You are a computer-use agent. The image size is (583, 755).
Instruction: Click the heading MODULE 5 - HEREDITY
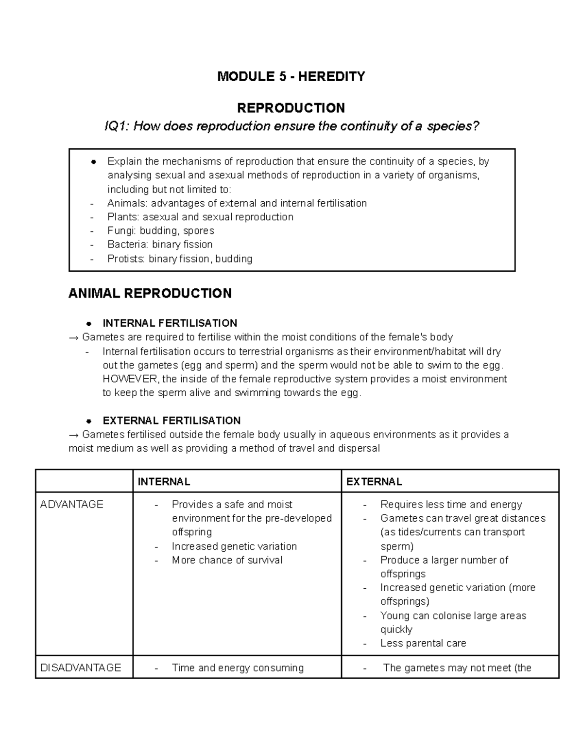point(291,76)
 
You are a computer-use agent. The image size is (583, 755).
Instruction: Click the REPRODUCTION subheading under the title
point(291,107)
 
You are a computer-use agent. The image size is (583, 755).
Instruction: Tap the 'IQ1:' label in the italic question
point(117,126)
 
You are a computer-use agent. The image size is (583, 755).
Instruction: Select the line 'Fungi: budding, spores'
point(160,230)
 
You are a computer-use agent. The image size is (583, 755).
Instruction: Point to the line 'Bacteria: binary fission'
point(160,245)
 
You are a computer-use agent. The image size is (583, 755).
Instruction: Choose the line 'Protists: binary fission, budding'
point(179,259)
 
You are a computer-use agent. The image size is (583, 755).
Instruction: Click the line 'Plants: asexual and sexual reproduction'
point(200,217)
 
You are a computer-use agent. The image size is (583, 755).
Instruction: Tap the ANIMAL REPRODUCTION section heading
point(150,294)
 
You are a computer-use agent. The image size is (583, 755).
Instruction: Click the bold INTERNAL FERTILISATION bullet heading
point(170,323)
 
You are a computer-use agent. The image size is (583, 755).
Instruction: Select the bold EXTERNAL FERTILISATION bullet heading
point(171,421)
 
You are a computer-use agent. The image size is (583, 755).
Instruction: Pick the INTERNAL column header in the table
point(164,482)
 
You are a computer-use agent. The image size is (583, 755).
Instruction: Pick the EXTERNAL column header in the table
point(374,482)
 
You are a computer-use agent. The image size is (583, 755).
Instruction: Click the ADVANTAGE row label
point(72,505)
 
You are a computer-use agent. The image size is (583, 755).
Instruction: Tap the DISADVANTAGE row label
point(81,668)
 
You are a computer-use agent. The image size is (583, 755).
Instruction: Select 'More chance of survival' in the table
point(227,560)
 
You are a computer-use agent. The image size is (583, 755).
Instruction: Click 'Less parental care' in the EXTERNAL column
point(423,643)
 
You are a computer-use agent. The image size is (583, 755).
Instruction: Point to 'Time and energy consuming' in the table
point(238,668)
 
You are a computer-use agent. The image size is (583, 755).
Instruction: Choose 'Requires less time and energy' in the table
point(451,505)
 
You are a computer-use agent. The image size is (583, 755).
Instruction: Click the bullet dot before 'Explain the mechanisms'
point(93,162)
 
